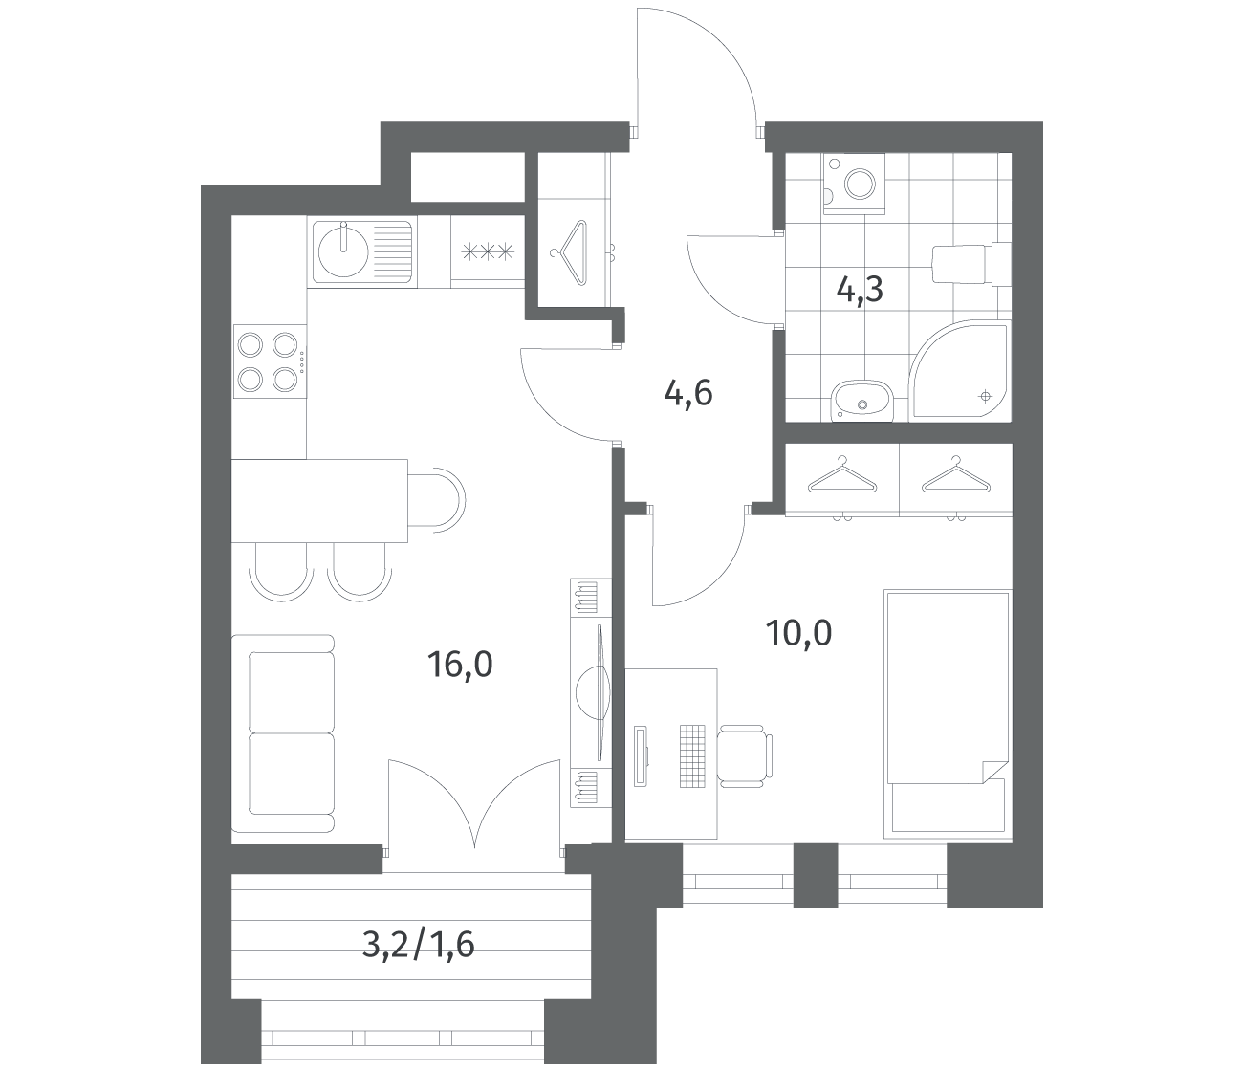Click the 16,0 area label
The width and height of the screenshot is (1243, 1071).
click(x=460, y=666)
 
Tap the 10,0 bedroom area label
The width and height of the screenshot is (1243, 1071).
click(x=798, y=633)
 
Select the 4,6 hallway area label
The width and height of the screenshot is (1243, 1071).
click(x=688, y=394)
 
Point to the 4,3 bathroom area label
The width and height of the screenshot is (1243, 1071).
click(x=860, y=290)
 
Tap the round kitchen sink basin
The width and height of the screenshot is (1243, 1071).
click(x=342, y=251)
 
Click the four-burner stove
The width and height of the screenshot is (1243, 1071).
click(x=270, y=361)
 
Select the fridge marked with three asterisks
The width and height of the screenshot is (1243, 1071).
click(x=488, y=251)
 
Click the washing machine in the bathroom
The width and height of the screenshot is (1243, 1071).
click(x=855, y=184)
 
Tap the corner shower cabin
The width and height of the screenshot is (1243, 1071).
click(x=960, y=368)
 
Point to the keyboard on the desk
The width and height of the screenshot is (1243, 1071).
click(x=692, y=755)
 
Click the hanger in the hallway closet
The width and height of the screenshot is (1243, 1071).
click(x=568, y=252)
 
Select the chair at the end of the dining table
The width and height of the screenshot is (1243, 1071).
click(x=437, y=500)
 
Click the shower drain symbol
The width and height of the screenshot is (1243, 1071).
click(x=985, y=396)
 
